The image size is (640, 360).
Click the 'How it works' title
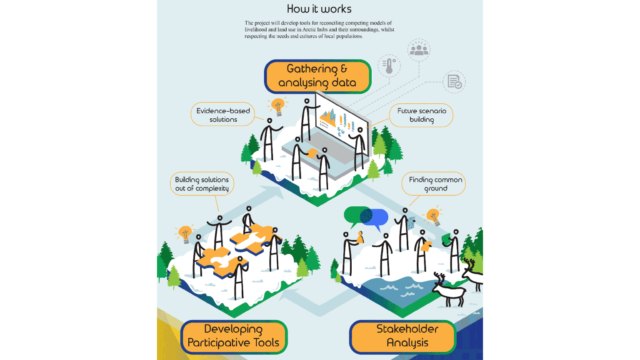(319, 9)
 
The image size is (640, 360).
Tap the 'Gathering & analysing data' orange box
(317, 76)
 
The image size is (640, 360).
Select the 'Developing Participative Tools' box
(233, 336)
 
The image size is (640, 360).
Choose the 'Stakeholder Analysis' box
(402, 336)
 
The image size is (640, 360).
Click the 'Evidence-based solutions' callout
(223, 115)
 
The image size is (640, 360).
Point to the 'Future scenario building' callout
(421, 115)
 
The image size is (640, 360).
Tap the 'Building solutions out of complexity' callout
(202, 184)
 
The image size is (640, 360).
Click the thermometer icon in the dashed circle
(389, 66)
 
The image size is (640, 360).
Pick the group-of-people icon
(419, 50)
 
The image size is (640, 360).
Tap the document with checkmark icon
(454, 82)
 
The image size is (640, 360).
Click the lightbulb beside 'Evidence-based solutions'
(278, 105)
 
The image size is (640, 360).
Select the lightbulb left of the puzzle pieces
(185, 233)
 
